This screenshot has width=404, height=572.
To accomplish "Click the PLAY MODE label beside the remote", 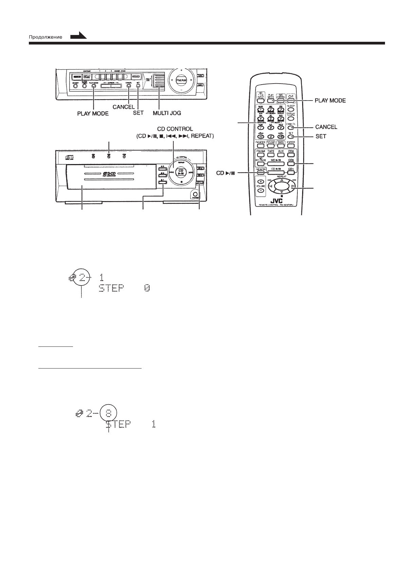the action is pyautogui.click(x=330, y=101).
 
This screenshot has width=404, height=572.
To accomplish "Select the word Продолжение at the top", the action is pyautogui.click(x=45, y=37).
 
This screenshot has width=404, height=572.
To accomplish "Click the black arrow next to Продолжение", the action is pyautogui.click(x=78, y=36).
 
